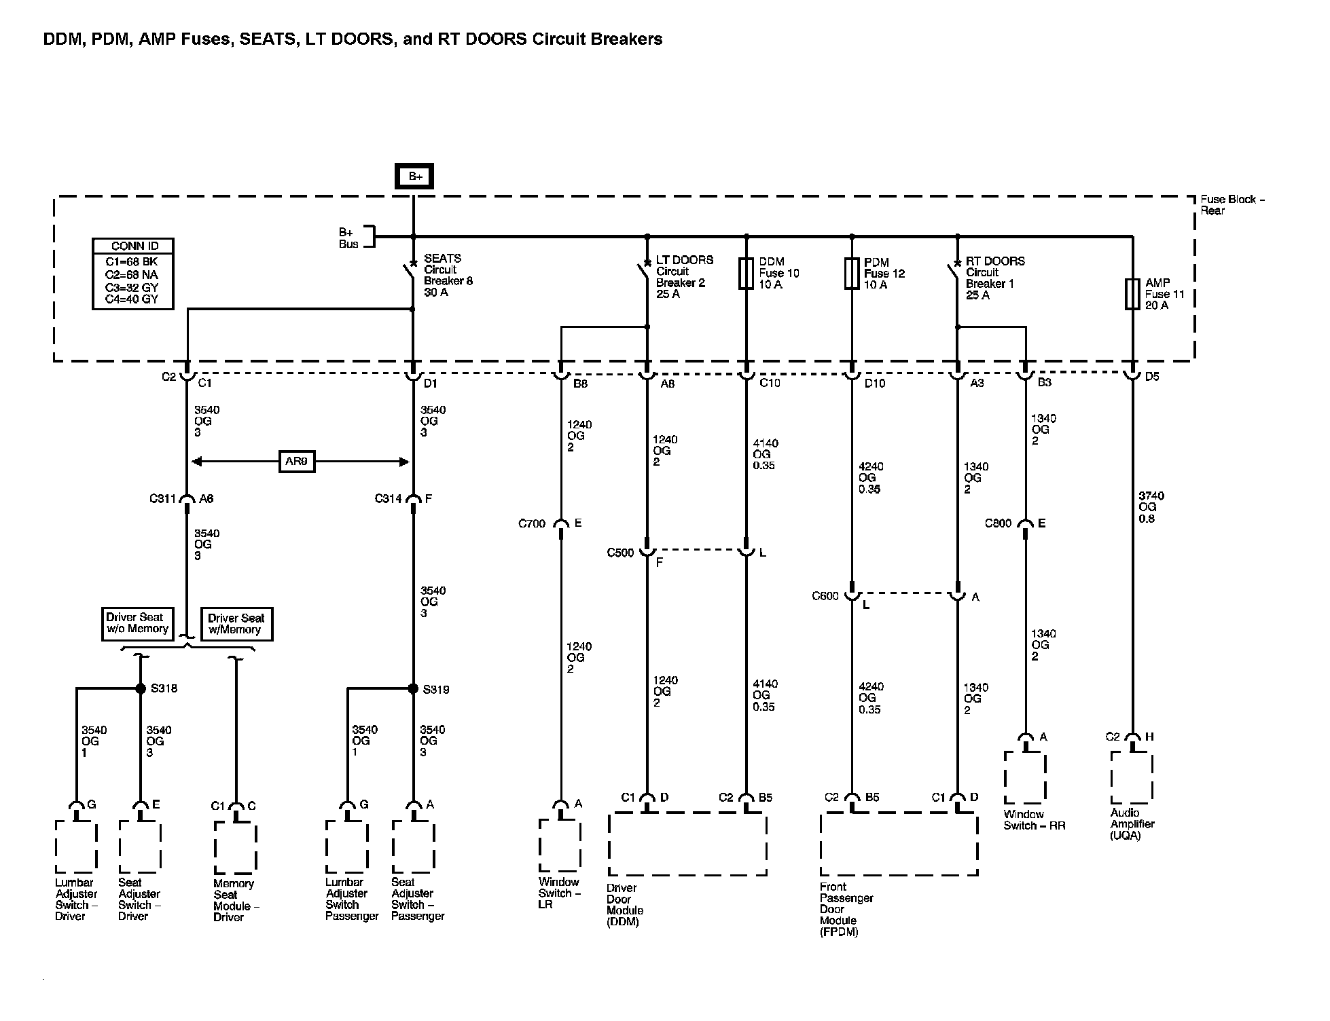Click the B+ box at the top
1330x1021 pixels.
point(415,177)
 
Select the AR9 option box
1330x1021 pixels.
point(296,462)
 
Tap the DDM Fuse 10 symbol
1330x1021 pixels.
point(746,273)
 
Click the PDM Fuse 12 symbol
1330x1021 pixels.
point(851,274)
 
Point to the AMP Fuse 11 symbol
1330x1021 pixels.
point(1132,294)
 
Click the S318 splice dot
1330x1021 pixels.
point(141,688)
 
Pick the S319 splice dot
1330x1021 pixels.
point(413,688)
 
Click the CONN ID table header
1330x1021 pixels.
point(133,246)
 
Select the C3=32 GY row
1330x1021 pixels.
point(132,287)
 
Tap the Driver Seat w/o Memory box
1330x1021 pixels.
point(137,623)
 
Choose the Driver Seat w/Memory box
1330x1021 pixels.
point(236,624)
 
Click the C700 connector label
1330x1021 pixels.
point(532,523)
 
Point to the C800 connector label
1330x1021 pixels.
point(999,523)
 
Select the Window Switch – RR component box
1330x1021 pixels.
point(1024,778)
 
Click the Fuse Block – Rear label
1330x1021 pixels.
point(1232,205)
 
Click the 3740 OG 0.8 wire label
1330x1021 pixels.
point(1147,507)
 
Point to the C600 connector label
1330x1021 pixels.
point(825,596)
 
